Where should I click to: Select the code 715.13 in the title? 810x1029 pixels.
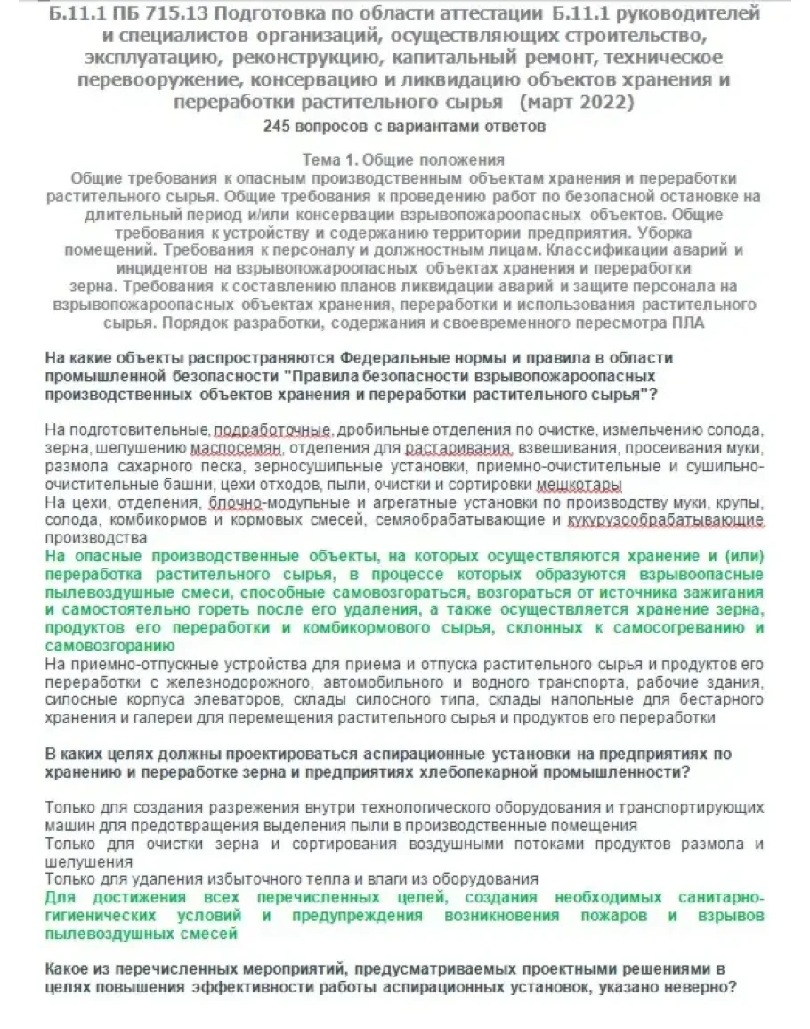tap(161, 14)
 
